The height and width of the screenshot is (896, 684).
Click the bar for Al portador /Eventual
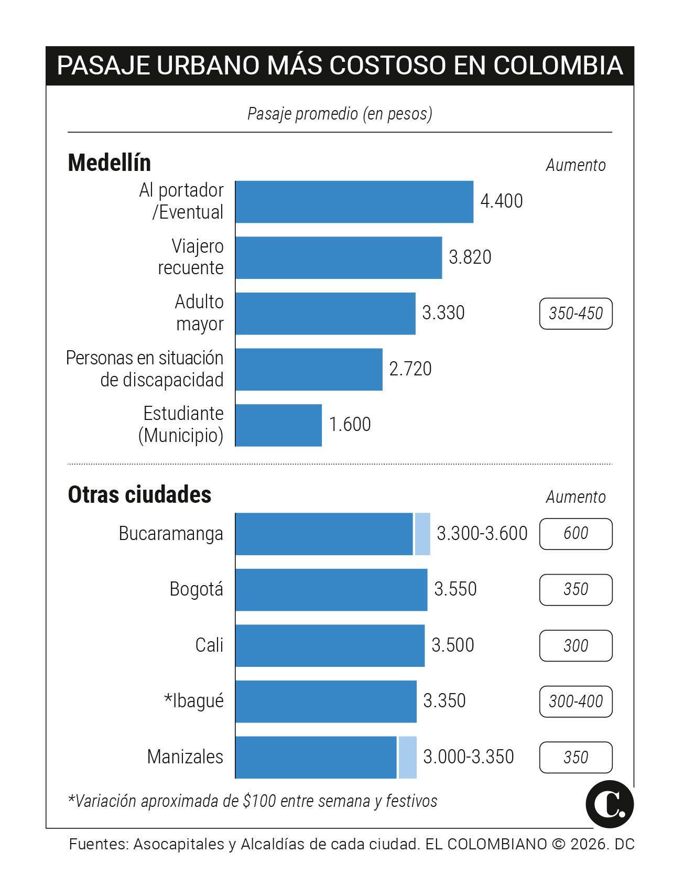pos(354,202)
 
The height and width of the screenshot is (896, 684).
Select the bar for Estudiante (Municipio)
pos(279,425)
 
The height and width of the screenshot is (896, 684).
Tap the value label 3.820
pos(470,257)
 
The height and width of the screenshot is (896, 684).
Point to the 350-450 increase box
pos(576,314)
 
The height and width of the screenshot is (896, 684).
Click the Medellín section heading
pos(110,163)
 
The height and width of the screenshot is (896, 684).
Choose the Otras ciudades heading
pos(139,495)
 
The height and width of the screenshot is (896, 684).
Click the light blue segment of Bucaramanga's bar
pos(422,534)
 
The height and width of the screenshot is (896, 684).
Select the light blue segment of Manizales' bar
pos(407,758)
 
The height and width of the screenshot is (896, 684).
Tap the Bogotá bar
pos(331,590)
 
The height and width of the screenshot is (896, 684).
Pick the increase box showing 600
pos(576,534)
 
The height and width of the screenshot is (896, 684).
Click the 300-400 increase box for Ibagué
pos(576,701)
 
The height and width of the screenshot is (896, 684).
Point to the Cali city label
pos(209,645)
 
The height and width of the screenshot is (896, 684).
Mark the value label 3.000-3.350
pos(468,757)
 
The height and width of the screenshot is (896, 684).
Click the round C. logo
pos(610,804)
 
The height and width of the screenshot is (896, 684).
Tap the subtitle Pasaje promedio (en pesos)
pos(340,114)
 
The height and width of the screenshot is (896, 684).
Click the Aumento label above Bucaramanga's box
pos(576,497)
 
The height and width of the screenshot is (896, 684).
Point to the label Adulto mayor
pos(199,313)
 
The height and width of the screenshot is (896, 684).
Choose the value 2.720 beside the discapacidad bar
pos(410,369)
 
